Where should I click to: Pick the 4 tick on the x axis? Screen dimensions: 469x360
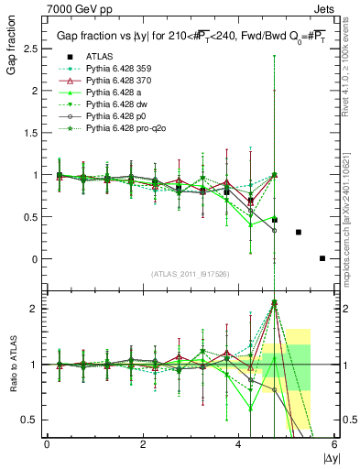(x=239, y=446)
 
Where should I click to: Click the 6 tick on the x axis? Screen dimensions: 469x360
(x=335, y=446)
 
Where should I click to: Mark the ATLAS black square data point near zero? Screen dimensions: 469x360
(x=322, y=258)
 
